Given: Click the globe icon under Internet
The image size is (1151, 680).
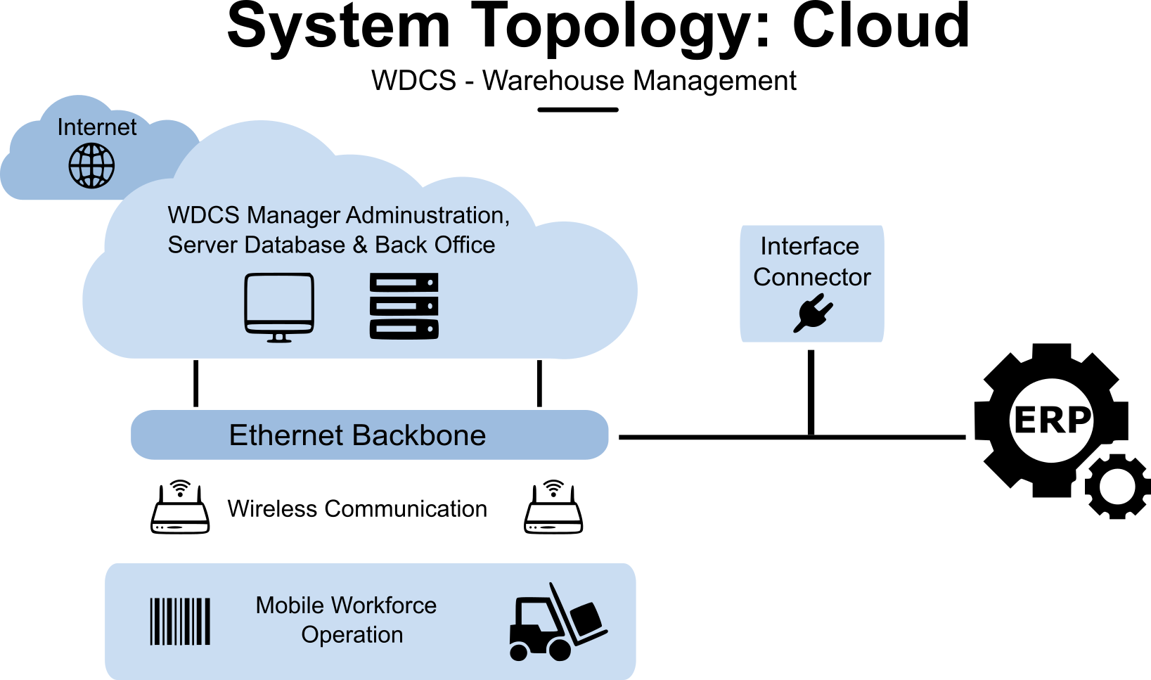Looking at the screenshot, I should click(x=91, y=166).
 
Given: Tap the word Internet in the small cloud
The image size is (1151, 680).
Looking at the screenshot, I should click(x=97, y=127).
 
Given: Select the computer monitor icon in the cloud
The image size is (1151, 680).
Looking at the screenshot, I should click(x=279, y=307).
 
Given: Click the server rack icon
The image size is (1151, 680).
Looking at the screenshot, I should click(x=404, y=307).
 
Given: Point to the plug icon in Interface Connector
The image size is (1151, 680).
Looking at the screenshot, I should click(x=813, y=313).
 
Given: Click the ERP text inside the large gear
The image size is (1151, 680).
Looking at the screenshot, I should click(x=1052, y=420).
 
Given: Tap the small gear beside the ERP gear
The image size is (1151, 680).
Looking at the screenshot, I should click(x=1117, y=487).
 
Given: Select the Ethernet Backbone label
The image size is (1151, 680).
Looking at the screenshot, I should click(x=357, y=435).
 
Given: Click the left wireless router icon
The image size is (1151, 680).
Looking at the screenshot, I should click(x=181, y=508).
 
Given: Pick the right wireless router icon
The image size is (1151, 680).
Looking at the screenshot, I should click(x=553, y=508).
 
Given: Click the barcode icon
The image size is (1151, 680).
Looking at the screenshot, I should click(x=180, y=621).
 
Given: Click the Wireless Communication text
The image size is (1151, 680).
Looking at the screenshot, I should click(x=357, y=508).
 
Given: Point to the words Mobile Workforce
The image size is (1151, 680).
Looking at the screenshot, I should click(x=346, y=605).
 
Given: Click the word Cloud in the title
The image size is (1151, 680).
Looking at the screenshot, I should click(x=881, y=27).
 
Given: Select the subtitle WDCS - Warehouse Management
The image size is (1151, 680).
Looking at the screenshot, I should click(x=584, y=81).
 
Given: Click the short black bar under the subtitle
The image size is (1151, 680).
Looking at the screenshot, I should click(x=577, y=110).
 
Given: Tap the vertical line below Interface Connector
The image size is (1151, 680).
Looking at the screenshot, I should click(x=811, y=390).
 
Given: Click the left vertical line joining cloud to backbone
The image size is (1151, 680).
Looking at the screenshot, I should click(x=196, y=383).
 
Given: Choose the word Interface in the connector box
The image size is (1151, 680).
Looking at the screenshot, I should click(x=809, y=247).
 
